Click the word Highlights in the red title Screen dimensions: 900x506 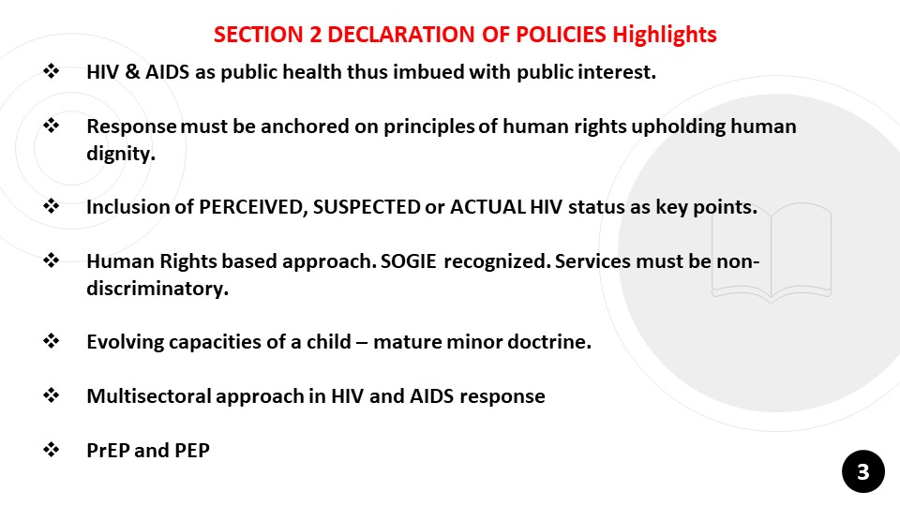coord(664,35)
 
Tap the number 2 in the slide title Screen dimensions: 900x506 coord(315,35)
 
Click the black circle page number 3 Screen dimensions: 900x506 coord(863,471)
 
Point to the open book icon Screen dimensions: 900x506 coord(772,252)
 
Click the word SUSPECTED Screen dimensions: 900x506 coord(367,207)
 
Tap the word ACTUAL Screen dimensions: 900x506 coord(487,207)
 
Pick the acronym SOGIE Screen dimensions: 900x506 coord(408,261)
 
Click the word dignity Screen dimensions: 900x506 coord(121,154)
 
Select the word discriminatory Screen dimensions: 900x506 coord(157,288)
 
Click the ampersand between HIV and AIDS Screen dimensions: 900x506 coord(132,72)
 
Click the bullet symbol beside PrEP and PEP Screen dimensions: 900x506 coord(51,449)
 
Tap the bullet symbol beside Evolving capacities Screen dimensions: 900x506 coord(51,341)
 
